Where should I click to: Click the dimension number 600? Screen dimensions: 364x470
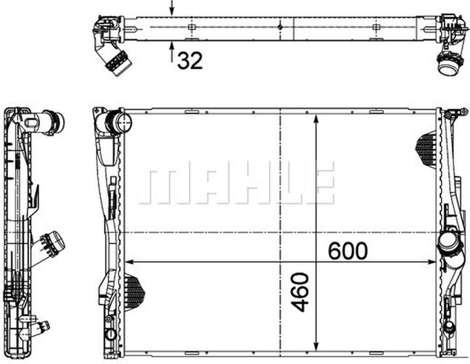point(347,251)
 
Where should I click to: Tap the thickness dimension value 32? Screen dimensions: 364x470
point(190,61)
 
